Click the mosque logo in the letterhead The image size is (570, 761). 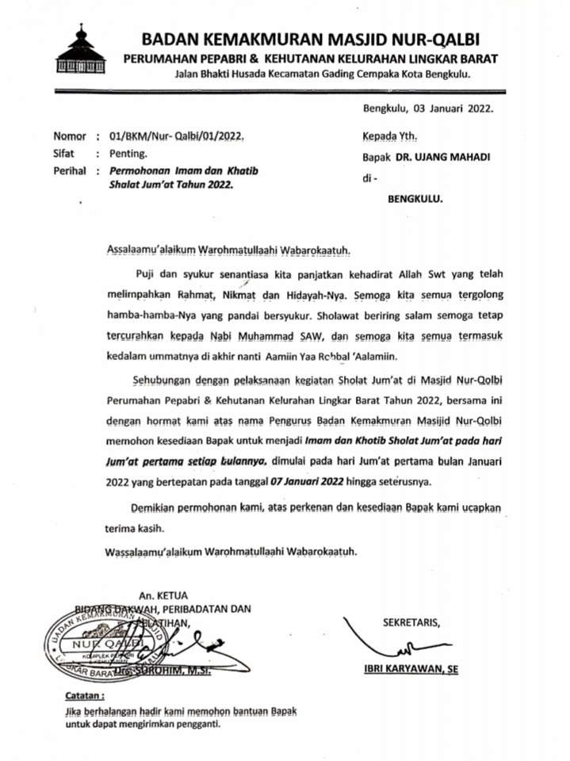(x=81, y=52)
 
